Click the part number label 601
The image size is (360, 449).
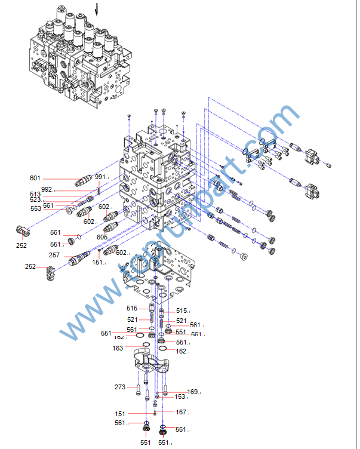tap(35, 178)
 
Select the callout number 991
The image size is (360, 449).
tap(100, 177)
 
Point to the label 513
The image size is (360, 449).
tap(35, 194)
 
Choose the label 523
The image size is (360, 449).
tap(35, 200)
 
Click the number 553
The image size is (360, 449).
tap(35, 208)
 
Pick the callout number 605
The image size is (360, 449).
tap(102, 238)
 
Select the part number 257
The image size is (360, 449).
tap(54, 255)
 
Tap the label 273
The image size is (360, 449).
tap(120, 387)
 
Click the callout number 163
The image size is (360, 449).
tap(118, 348)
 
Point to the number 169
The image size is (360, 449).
tap(192, 392)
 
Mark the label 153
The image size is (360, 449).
tap(180, 397)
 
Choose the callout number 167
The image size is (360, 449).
tap(181, 412)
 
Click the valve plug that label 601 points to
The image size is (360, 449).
tap(84, 179)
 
